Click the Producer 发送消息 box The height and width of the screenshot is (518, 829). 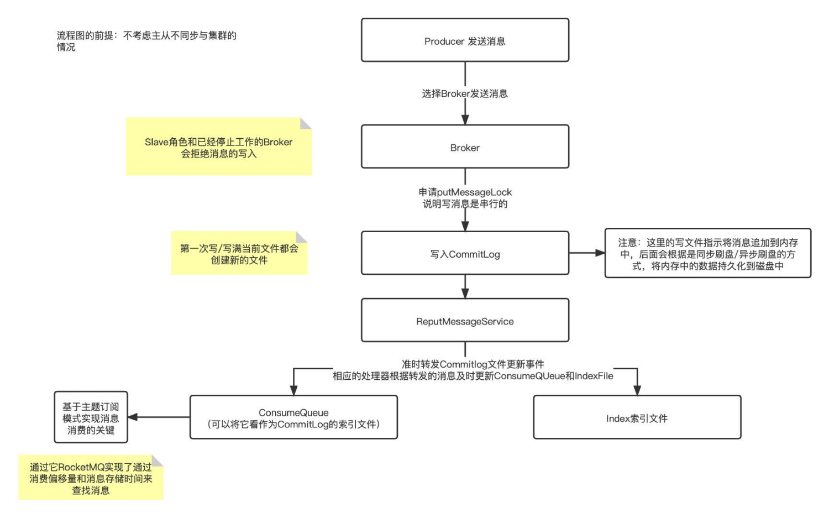pyautogui.click(x=465, y=40)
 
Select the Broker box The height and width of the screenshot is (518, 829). pyautogui.click(x=465, y=147)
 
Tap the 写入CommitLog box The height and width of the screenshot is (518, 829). pyautogui.click(x=465, y=254)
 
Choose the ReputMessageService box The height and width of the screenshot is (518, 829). pyautogui.click(x=465, y=321)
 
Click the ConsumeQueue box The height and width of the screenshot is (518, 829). pyautogui.click(x=293, y=418)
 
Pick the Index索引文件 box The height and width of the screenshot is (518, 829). pyautogui.click(x=637, y=418)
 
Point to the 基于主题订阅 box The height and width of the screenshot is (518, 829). pyautogui.click(x=91, y=418)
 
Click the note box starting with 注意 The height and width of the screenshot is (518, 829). pyautogui.click(x=707, y=254)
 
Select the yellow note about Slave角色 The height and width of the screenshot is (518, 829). pyautogui.click(x=218, y=147)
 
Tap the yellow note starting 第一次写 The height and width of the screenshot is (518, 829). pyautogui.click(x=239, y=254)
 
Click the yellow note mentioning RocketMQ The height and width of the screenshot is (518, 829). pyautogui.click(x=91, y=478)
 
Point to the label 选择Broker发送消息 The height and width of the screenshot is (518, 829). pyautogui.click(x=465, y=93)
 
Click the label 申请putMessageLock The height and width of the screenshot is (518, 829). pyautogui.click(x=465, y=192)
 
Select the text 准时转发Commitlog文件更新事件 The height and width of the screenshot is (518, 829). pyautogui.click(x=473, y=364)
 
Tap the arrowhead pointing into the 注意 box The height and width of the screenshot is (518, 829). pyautogui.click(x=600, y=253)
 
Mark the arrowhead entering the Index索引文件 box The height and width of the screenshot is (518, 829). pyautogui.click(x=637, y=390)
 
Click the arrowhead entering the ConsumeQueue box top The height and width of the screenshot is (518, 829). pyautogui.click(x=293, y=390)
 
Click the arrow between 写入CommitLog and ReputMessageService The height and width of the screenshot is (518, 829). pyautogui.click(x=465, y=286)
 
